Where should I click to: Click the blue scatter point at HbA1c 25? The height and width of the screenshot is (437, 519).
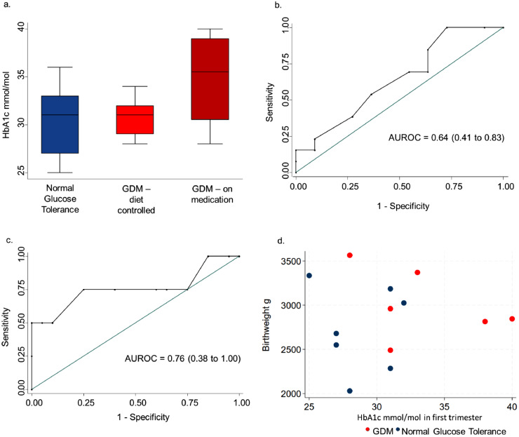pyautogui.click(x=309, y=276)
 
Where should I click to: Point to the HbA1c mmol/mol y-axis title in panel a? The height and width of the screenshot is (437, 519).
pyautogui.click(x=7, y=102)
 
